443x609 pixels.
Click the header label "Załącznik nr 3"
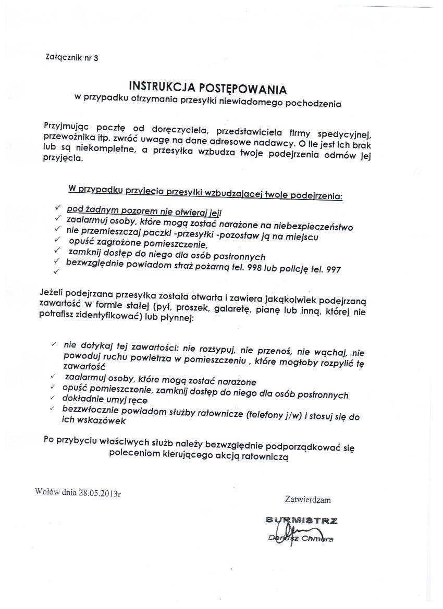(72, 58)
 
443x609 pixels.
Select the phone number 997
(333, 270)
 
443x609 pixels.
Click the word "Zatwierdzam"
(308, 500)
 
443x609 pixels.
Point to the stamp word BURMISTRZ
(302, 520)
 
